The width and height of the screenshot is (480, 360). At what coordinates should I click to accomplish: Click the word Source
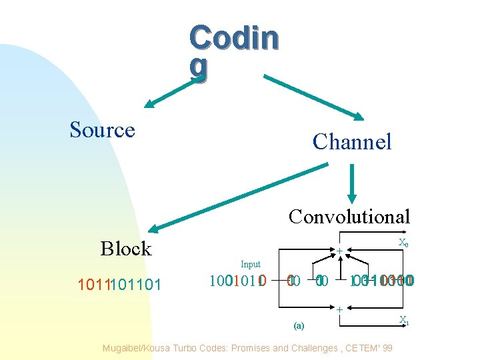coord(102,130)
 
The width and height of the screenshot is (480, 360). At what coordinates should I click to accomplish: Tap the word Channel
coord(351,141)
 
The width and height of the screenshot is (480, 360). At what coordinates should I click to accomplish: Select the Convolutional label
coord(349,216)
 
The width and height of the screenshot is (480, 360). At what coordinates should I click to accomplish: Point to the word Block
coord(126,249)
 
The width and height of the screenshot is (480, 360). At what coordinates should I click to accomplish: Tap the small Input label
coord(251,265)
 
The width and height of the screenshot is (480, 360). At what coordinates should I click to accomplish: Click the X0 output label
coord(403,243)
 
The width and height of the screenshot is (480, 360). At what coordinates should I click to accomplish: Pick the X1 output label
coord(404,320)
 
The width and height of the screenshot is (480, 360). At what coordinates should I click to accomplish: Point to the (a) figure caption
coord(298,325)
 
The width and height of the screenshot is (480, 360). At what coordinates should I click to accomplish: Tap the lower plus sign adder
coord(339,309)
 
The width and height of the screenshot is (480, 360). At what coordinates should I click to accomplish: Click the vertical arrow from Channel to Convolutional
coord(352,183)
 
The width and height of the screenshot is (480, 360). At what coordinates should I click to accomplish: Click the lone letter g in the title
coord(198,68)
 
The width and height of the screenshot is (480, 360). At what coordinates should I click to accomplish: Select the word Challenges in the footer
coord(316,347)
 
